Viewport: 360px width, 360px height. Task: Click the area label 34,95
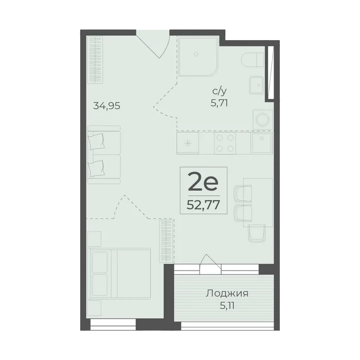pos(107,106)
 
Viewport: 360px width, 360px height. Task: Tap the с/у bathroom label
pos(220,92)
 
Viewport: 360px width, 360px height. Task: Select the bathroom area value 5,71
pos(219,103)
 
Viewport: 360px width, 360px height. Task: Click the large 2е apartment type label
pos(203,182)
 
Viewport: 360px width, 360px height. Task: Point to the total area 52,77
pos(204,205)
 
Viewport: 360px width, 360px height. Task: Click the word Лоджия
pos(227,294)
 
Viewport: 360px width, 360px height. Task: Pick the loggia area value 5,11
pos(227,305)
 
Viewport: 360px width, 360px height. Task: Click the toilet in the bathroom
pos(253,60)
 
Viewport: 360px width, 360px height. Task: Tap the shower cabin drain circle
pos(196,54)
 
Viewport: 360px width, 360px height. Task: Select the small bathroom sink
pos(257,85)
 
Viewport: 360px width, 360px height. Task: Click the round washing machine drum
pos(262,119)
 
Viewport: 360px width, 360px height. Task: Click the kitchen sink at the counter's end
pos(261,143)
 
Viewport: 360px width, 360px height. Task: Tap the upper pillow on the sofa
pos(97,141)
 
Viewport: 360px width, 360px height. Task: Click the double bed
pos(120,274)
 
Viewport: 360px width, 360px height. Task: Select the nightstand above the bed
pos(94,239)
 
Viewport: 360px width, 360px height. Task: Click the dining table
pos(258,203)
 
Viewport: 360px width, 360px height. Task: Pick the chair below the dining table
pos(257,233)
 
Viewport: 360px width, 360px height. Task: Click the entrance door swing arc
pos(165,48)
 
